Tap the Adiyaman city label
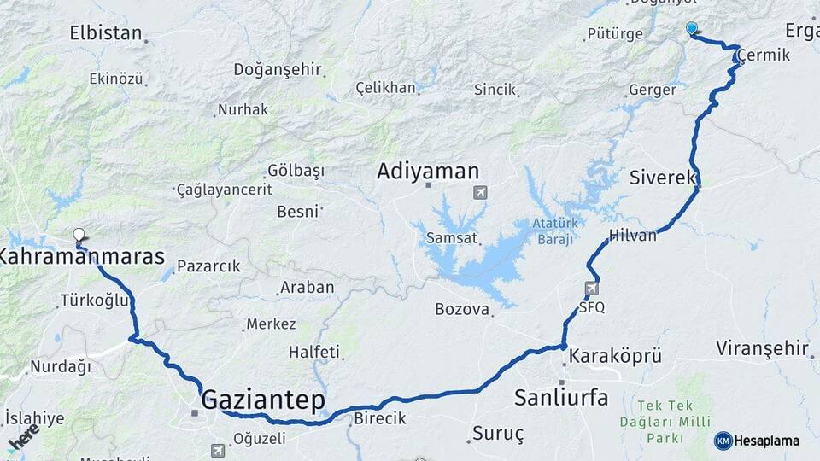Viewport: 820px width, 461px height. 428,172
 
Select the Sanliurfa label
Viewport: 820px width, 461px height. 561,397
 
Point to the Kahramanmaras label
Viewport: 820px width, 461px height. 82,255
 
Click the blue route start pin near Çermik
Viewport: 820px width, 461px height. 692,28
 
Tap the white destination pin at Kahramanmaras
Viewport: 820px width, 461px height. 79,234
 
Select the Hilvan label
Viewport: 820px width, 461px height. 634,236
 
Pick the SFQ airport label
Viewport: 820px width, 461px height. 592,307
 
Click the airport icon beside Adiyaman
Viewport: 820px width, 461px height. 481,193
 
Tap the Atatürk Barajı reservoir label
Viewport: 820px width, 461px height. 556,231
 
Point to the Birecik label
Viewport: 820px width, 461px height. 379,418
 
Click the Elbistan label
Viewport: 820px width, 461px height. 105,34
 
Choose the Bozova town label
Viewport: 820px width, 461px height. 461,309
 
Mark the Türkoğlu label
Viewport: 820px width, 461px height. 94,301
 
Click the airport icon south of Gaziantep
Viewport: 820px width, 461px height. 218,450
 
